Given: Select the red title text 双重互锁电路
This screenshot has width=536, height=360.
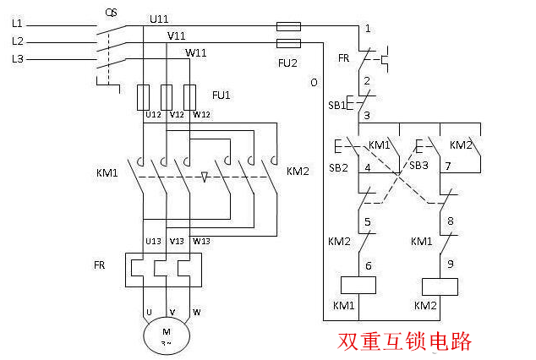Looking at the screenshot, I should [405, 341].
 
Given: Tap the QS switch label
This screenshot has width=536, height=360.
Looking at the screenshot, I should [111, 13].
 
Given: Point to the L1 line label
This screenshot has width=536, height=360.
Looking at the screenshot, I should [18, 25].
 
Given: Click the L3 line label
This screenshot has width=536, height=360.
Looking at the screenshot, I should [18, 58].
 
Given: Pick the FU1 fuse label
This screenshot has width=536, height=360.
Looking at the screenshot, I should [221, 94].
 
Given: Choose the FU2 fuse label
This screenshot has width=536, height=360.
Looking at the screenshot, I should [289, 62].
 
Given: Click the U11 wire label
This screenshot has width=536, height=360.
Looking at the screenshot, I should [159, 19].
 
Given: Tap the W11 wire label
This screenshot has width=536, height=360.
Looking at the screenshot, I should [196, 52].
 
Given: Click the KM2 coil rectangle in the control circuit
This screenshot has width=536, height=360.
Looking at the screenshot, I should [439, 286].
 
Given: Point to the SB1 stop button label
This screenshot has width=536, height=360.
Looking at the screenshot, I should [336, 106].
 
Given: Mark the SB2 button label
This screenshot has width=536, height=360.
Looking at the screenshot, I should [338, 167].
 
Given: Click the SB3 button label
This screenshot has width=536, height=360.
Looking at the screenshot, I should [419, 165].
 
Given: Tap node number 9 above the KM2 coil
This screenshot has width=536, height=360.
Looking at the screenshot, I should [450, 264].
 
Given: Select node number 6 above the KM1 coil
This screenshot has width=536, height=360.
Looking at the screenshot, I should [368, 264].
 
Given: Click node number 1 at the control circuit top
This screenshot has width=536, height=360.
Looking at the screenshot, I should [368, 30].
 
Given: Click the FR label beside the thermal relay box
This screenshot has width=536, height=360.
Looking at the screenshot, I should [100, 265].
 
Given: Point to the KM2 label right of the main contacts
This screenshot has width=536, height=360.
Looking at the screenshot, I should [298, 172].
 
